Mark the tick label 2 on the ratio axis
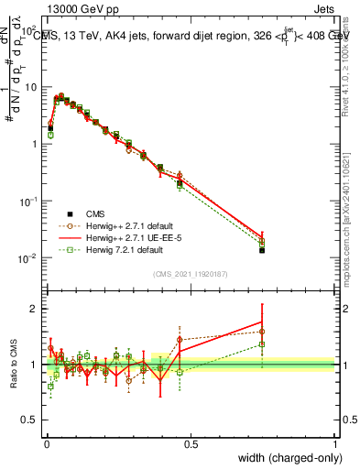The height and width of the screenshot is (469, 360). click(x=34, y=309)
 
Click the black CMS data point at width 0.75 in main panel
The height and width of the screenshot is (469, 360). click(x=262, y=250)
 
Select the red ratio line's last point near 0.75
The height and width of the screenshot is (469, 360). click(x=262, y=322)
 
